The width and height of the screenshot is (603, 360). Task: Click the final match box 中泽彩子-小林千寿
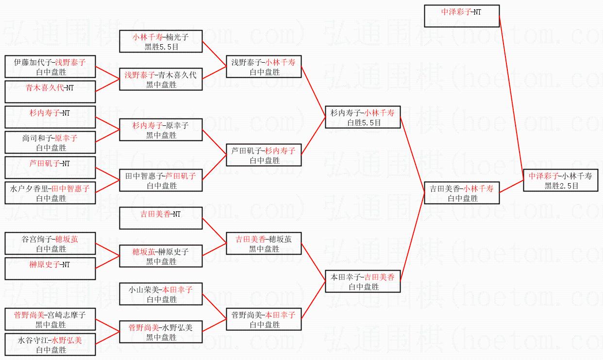[561, 180]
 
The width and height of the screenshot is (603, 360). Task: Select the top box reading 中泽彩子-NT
[462, 16]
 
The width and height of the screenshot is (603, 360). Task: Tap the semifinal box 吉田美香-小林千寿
[462, 193]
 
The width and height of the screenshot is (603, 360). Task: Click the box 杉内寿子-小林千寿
[363, 117]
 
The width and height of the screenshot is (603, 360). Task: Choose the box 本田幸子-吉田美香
[363, 281]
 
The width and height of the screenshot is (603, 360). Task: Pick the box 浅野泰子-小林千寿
[263, 67]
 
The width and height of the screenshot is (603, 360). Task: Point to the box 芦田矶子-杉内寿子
[263, 155]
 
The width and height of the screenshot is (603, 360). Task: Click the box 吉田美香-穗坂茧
[263, 243]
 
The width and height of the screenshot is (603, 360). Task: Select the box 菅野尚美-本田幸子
[263, 319]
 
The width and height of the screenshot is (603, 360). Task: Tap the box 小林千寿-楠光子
[161, 41]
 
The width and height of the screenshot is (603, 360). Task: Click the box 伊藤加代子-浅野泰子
[50, 67]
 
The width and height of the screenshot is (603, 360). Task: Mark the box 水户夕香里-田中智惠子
[50, 193]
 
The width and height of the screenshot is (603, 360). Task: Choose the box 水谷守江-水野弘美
[50, 344]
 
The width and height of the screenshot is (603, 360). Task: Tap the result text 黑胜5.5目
[161, 47]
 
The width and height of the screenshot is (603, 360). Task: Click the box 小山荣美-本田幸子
[161, 294]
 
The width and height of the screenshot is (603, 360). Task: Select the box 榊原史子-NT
[50, 269]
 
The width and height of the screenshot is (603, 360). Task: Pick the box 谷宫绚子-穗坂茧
[50, 243]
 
